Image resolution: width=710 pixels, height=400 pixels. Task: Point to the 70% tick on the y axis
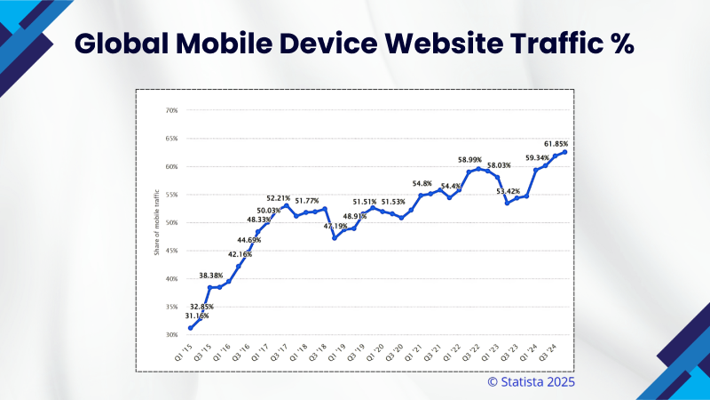pyautogui.click(x=170, y=110)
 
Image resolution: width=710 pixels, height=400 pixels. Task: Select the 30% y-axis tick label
pyautogui.click(x=170, y=335)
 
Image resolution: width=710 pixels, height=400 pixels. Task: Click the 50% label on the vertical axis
pyautogui.click(x=170, y=222)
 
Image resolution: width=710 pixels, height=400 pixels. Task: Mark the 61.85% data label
pyautogui.click(x=556, y=143)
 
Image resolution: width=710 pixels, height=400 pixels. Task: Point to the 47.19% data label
pyautogui.click(x=335, y=227)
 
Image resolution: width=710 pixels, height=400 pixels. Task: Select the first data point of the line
pyautogui.click(x=190, y=328)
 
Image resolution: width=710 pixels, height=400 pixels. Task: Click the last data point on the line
pyautogui.click(x=564, y=152)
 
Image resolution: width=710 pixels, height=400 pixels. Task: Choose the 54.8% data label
pyautogui.click(x=421, y=183)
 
